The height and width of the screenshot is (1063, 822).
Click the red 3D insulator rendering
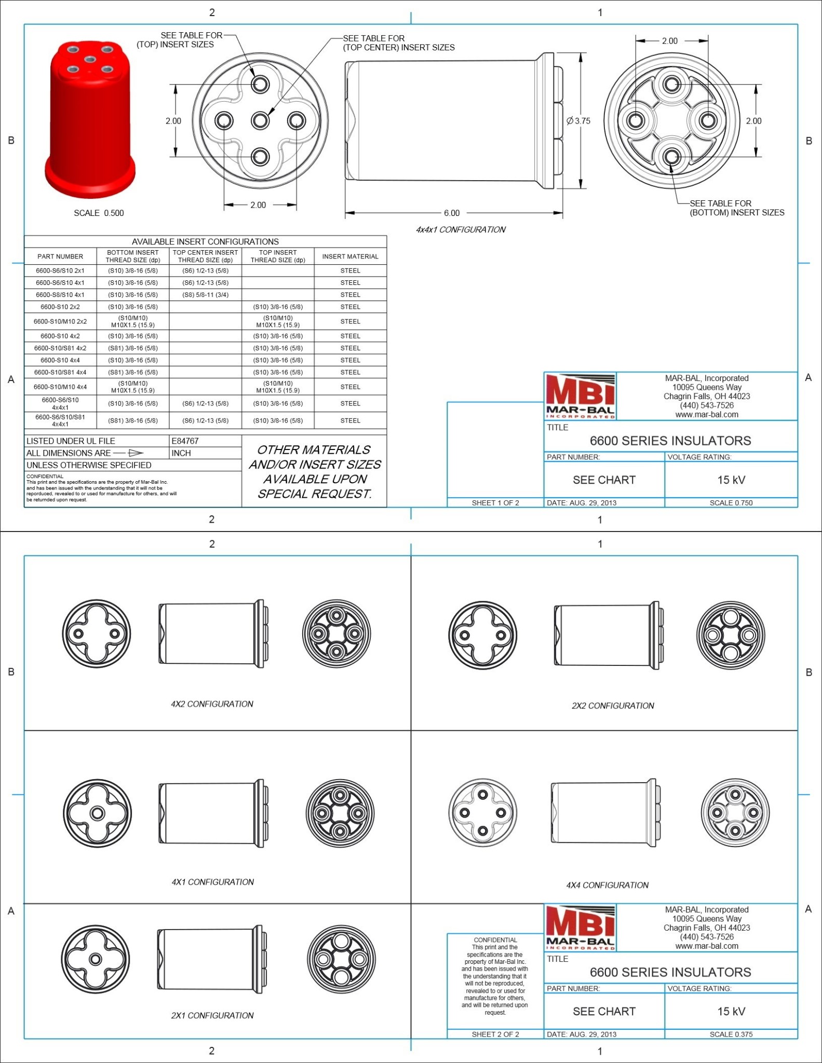point(91,119)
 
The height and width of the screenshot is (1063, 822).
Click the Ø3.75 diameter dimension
point(578,121)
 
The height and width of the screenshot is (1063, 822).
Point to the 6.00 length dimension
point(451,213)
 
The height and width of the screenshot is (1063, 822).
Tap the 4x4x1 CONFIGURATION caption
point(460,229)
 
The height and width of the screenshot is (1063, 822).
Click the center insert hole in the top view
point(260,121)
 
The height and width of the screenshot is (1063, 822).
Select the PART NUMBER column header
point(60,256)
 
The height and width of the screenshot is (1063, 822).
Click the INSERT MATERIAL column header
point(350,256)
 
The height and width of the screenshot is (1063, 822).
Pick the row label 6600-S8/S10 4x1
point(60,295)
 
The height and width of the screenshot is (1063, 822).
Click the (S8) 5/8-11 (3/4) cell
point(205,295)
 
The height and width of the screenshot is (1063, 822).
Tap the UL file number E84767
point(185,441)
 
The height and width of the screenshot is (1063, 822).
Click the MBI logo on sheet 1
point(580,396)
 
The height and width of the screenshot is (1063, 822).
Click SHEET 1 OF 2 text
point(495,503)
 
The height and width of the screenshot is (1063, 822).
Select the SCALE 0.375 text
point(731,1034)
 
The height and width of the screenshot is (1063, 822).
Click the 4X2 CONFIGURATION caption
point(212,704)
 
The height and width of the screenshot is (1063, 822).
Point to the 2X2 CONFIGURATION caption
point(613,706)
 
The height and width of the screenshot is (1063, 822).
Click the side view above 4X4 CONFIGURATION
point(605,813)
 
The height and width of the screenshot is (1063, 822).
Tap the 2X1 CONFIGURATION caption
point(212,1016)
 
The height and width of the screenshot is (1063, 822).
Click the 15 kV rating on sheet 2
point(731,1012)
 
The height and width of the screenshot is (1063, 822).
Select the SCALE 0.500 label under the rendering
point(99,213)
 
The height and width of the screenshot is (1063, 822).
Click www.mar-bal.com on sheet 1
point(706,415)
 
